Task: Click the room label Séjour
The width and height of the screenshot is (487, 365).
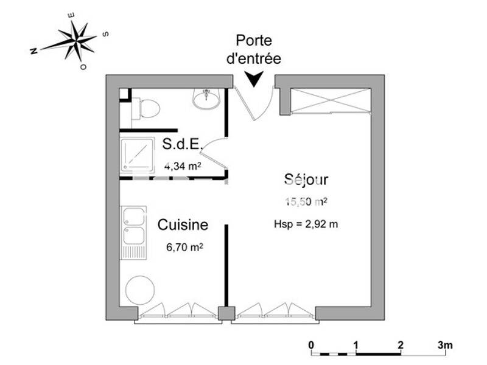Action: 306,179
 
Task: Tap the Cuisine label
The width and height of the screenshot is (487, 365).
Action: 183,225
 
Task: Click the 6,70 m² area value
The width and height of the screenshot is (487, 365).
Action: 184,248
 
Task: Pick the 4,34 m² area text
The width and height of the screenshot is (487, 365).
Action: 183,164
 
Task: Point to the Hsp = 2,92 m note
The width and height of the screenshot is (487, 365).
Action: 306,223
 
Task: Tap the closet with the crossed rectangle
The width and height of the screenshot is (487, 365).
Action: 331,100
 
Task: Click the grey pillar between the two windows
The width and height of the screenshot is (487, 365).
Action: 225,313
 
